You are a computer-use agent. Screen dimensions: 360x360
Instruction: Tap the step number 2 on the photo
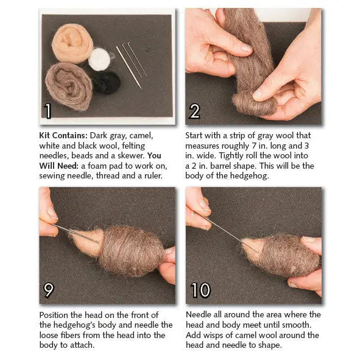(x=195, y=111)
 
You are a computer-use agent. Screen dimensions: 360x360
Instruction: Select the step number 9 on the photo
(x=49, y=291)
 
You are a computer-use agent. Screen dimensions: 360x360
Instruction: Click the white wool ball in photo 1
(x=99, y=60)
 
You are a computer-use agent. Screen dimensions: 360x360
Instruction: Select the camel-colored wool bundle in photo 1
(x=72, y=43)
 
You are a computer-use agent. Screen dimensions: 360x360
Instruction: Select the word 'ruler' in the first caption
(x=151, y=175)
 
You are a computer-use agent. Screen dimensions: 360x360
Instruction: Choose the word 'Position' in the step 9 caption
(x=56, y=315)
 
